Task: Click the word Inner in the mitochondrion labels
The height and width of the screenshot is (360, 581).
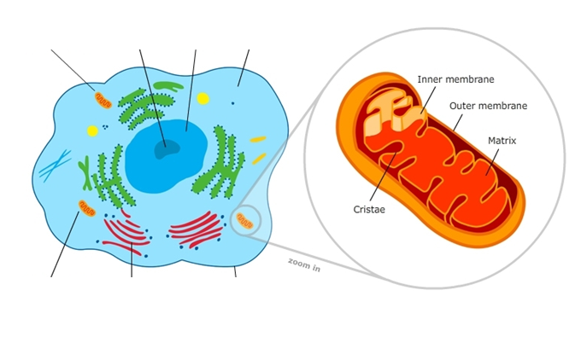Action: click(x=429, y=79)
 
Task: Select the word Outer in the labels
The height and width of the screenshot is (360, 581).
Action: click(x=461, y=106)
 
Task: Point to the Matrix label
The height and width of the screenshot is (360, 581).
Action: click(x=502, y=141)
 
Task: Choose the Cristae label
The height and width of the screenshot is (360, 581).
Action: click(x=369, y=209)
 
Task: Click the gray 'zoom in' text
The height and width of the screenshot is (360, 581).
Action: click(x=304, y=264)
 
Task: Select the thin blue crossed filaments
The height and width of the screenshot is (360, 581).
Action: click(x=55, y=165)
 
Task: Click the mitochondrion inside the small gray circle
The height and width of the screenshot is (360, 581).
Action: click(x=244, y=220)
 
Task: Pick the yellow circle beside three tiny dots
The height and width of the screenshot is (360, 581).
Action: click(x=92, y=131)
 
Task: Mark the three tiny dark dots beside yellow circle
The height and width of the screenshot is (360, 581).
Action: click(x=106, y=127)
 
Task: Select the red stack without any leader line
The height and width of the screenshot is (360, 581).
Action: click(x=197, y=229)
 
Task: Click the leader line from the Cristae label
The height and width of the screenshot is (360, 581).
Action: click(x=383, y=177)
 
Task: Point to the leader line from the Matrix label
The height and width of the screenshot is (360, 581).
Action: click(x=492, y=162)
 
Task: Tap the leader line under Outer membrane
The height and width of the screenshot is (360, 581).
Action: click(x=458, y=123)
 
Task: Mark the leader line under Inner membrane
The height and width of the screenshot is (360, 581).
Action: click(x=428, y=100)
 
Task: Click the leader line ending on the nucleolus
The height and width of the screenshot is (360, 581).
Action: click(x=153, y=98)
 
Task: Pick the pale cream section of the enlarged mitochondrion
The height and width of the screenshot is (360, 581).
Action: click(x=393, y=113)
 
